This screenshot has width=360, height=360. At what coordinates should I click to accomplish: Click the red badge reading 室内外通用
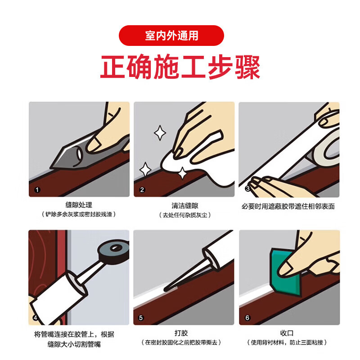[x=171, y=36]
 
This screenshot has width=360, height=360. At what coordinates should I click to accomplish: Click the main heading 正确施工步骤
[x=180, y=68]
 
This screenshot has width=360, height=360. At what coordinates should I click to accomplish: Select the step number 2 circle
[x=142, y=189]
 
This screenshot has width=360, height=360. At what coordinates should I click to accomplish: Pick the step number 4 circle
[x=36, y=318]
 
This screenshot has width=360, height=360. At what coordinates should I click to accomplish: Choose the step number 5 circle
[x=141, y=318]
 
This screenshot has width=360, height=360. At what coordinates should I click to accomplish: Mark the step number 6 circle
[x=247, y=318]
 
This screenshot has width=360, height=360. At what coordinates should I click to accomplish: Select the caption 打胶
[x=181, y=333]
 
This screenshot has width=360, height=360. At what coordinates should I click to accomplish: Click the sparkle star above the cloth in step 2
[x=159, y=133]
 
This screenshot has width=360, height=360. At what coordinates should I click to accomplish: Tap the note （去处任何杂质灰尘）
[x=184, y=215]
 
